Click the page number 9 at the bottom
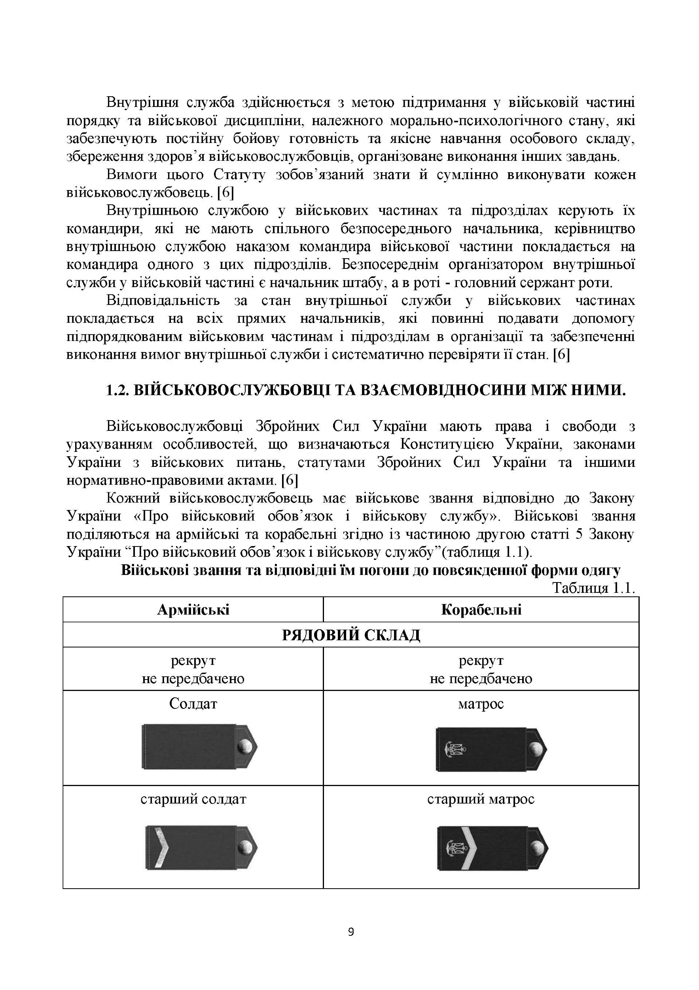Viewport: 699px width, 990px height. [350, 932]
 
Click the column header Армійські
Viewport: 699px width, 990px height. [193, 609]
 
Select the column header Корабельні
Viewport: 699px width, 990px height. [481, 609]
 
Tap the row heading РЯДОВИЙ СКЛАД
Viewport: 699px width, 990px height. [350, 635]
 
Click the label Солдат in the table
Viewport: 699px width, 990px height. [193, 704]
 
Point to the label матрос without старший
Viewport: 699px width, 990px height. [481, 704]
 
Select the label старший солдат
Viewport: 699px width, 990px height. [193, 799]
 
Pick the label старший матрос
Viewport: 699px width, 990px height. [481, 799]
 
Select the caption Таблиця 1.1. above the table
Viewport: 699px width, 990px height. [593, 588]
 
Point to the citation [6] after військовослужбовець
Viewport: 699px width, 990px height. [225, 193]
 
